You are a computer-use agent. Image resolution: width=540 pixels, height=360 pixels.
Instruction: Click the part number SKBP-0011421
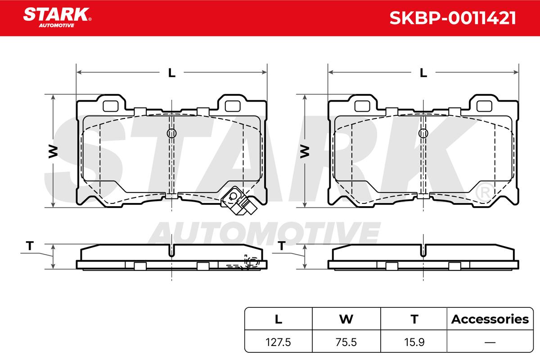(x=453, y=18)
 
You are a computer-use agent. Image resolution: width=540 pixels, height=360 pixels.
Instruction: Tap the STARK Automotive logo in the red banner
(x=57, y=18)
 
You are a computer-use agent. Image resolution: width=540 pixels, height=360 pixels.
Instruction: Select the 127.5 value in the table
(x=278, y=342)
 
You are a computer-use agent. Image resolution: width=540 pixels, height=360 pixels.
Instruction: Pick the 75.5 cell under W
(x=346, y=342)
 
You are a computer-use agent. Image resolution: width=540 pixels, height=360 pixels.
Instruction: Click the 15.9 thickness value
(x=414, y=342)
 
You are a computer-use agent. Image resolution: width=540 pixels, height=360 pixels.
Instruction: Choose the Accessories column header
(x=490, y=319)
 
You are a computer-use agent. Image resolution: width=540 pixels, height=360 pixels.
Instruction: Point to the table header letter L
(x=279, y=319)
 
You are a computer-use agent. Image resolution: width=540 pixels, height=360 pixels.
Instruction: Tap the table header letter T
(x=414, y=319)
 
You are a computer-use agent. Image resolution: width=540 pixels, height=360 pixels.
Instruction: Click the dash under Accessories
(x=490, y=342)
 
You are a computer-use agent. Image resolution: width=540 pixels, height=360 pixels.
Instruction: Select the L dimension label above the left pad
(x=171, y=72)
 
